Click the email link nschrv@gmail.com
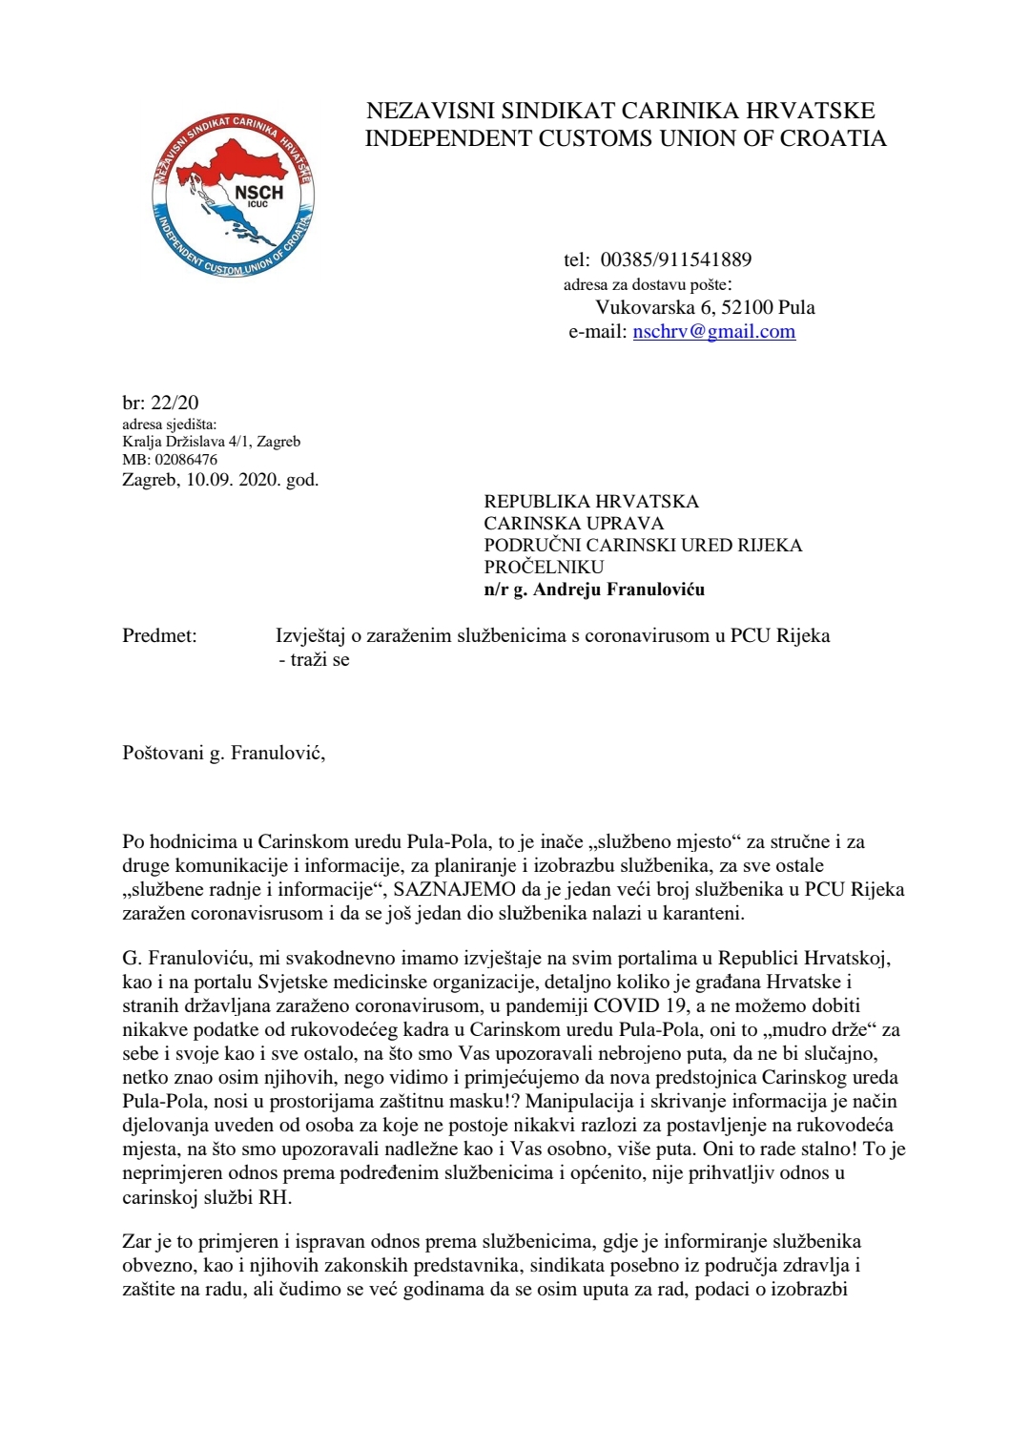(x=713, y=331)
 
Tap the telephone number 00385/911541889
(x=675, y=259)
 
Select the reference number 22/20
(x=175, y=403)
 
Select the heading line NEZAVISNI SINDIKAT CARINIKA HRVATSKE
(x=620, y=111)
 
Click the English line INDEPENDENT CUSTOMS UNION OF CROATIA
(x=626, y=138)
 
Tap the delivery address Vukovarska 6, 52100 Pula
(x=705, y=307)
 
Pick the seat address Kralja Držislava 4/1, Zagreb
(x=211, y=441)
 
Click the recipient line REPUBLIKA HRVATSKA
(x=591, y=501)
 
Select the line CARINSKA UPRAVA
(x=573, y=523)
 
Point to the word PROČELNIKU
(x=544, y=567)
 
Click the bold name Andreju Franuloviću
(x=619, y=589)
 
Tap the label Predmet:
(x=159, y=635)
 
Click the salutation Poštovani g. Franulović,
(x=223, y=753)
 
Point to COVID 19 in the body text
(x=643, y=1005)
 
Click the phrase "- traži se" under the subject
(x=314, y=659)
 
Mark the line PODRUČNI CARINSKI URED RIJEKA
(x=643, y=545)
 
